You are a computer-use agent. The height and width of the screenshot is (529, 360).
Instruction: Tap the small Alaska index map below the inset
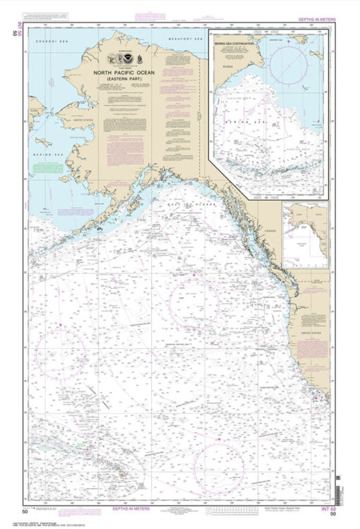305,235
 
